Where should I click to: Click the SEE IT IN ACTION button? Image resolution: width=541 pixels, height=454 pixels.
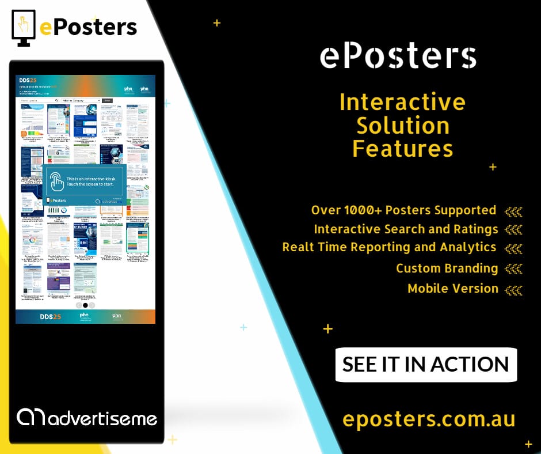pos(426,365)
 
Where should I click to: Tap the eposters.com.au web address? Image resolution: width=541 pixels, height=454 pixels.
pos(429,419)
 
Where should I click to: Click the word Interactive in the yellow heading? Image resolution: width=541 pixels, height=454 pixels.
pos(402,103)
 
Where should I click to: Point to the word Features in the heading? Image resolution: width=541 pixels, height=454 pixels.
pos(402,149)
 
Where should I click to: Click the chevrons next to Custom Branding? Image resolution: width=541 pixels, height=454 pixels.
pos(513,268)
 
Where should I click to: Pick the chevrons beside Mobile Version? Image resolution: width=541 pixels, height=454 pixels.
pos(513,289)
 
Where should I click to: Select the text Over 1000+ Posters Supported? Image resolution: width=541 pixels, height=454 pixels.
pos(403,210)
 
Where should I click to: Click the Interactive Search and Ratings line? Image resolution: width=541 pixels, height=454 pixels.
pos(406,229)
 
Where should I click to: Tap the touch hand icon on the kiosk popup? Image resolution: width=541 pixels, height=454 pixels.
pos(56,181)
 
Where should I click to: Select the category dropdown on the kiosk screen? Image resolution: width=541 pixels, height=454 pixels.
pos(81,100)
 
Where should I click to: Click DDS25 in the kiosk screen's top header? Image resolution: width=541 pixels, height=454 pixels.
pos(29,81)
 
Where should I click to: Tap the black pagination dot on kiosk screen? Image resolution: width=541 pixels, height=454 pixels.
pos(85,305)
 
